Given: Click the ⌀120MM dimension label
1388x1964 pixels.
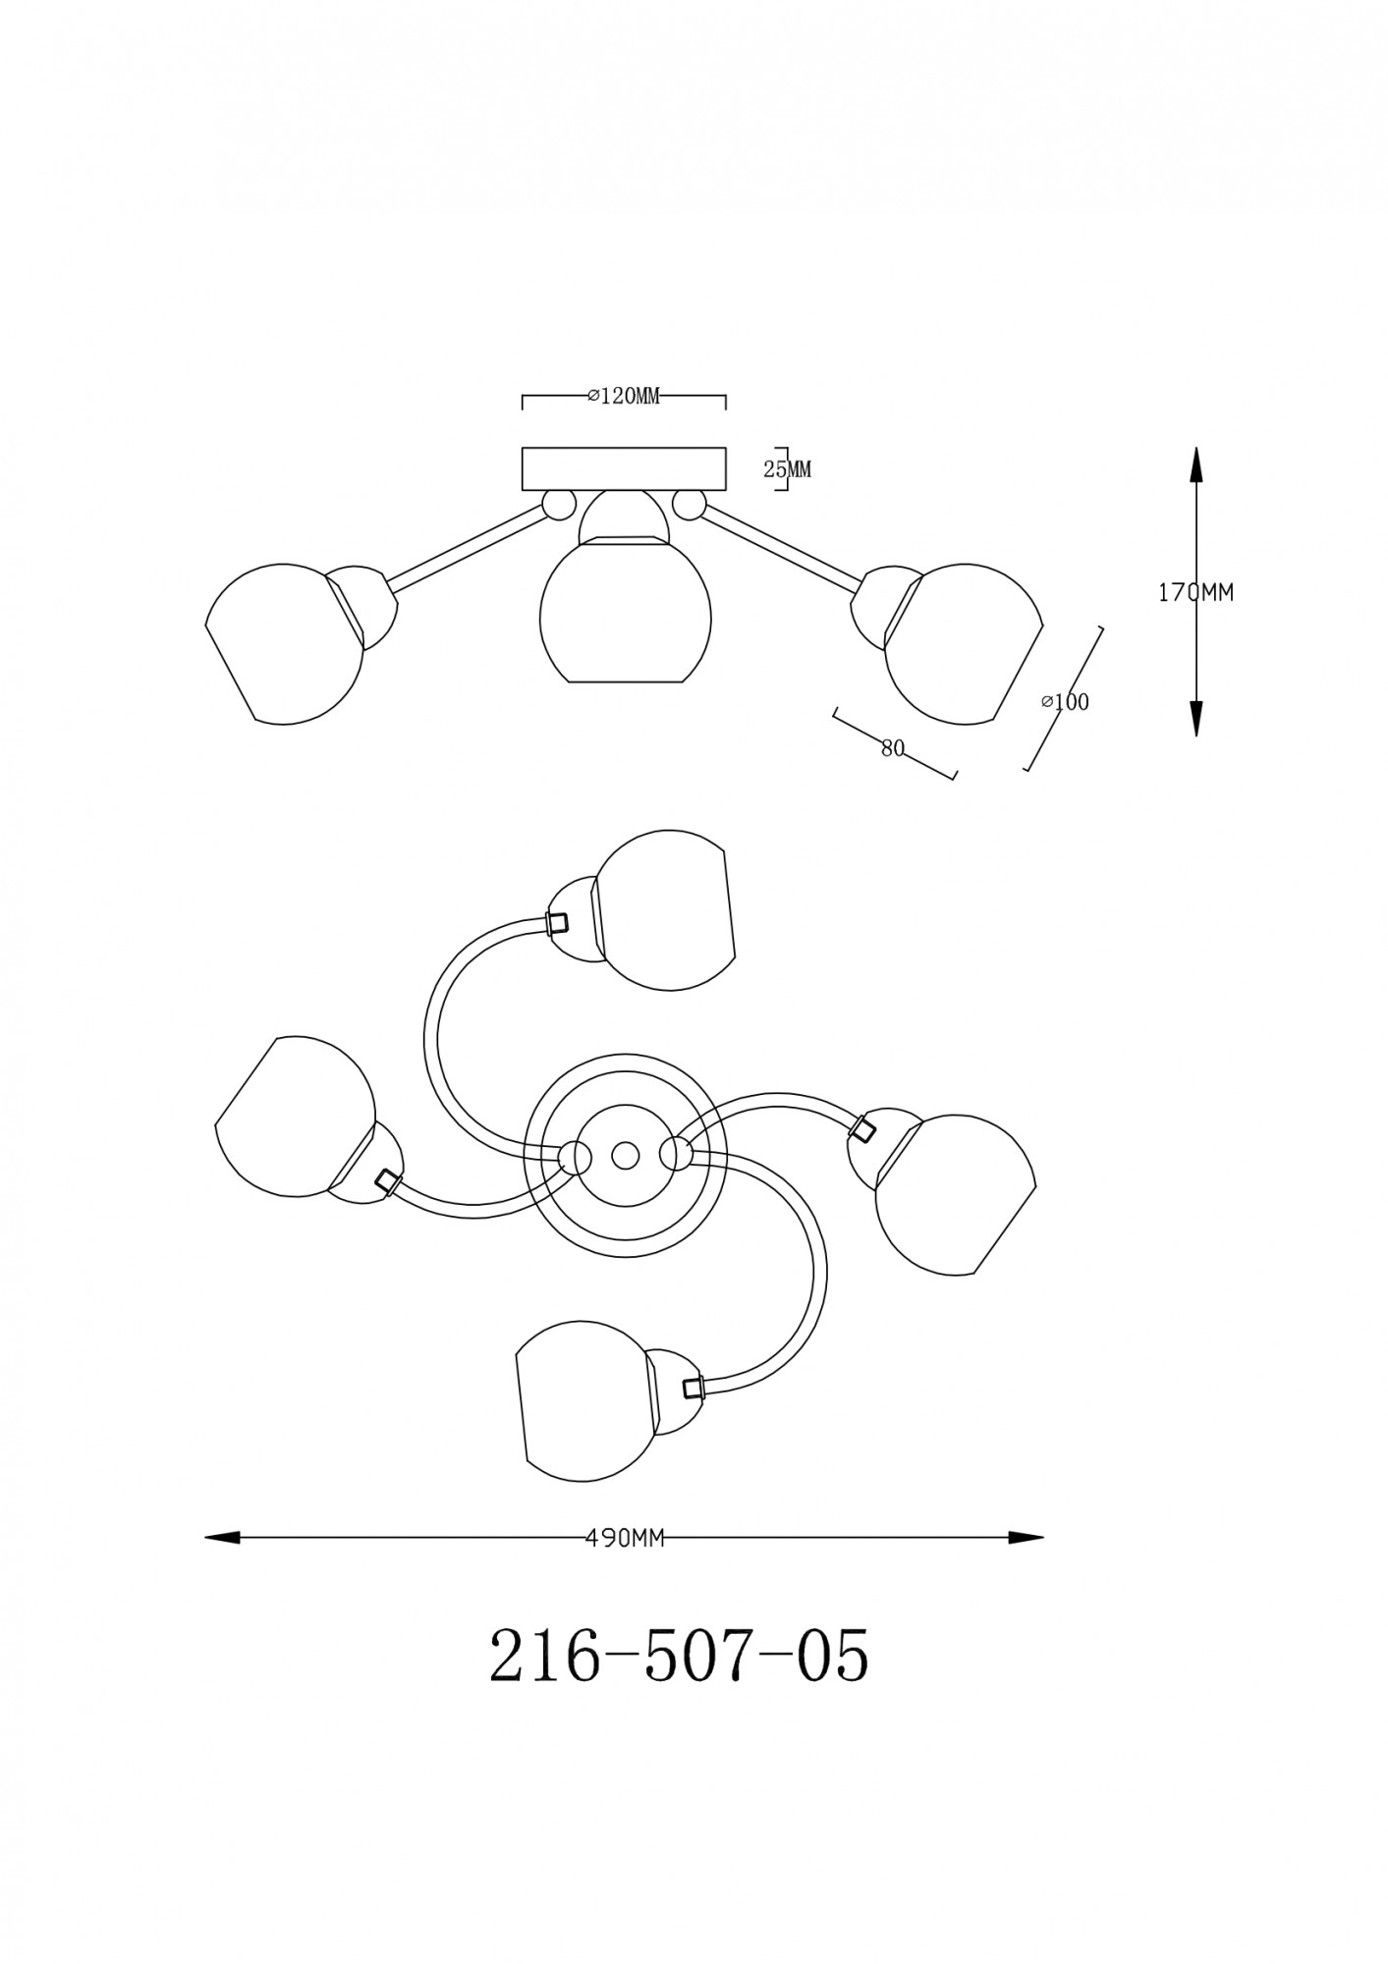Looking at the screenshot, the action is [623, 396].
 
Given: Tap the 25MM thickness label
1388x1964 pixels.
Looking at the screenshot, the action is [788, 469].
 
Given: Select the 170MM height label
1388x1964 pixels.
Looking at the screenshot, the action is [1195, 592].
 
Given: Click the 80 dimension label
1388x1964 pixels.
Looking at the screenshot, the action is [892, 748].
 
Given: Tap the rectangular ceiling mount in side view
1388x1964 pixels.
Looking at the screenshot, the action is [624, 468].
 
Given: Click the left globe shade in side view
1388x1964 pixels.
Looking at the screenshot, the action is [285, 643].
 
